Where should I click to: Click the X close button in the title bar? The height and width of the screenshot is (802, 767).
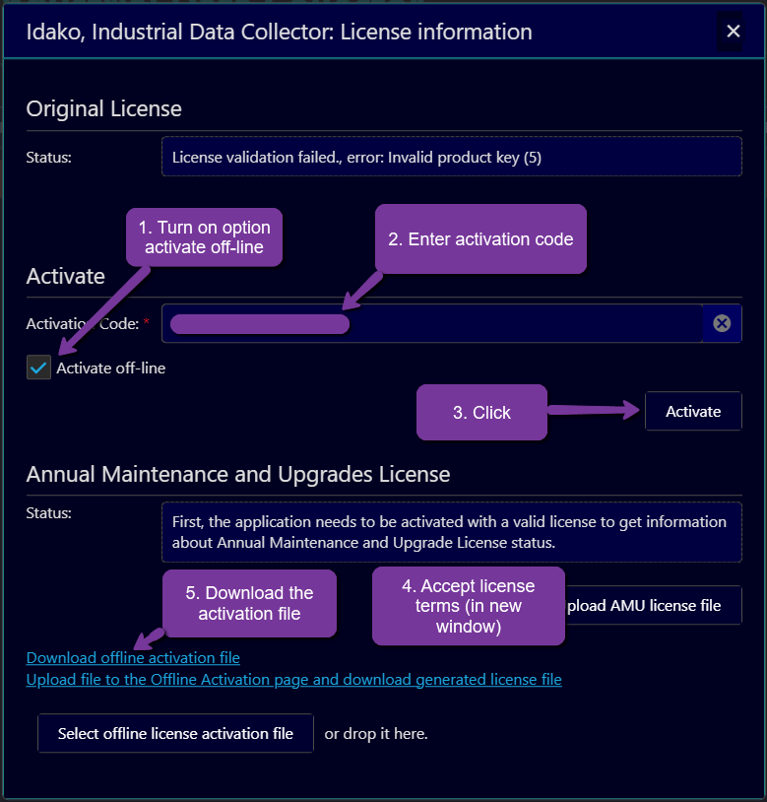click(734, 32)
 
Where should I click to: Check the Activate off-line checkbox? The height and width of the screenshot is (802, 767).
click(39, 368)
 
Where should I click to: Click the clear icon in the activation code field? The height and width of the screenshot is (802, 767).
click(722, 323)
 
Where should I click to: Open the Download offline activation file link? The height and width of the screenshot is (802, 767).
click(133, 658)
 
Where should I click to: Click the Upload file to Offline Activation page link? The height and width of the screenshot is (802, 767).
click(293, 680)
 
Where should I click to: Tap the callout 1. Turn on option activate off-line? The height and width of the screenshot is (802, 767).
click(204, 237)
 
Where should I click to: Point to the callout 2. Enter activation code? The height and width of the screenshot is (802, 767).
click(480, 239)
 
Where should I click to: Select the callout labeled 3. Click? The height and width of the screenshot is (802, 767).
click(481, 413)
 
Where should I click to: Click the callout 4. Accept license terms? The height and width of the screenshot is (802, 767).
click(468, 606)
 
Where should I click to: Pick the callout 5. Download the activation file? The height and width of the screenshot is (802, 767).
click(249, 603)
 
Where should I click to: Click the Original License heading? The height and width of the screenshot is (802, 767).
click(103, 108)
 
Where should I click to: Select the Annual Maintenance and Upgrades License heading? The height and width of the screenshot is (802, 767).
click(238, 474)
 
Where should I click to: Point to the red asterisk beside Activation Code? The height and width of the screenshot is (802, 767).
click(147, 323)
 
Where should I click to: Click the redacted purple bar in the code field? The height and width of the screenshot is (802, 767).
click(259, 324)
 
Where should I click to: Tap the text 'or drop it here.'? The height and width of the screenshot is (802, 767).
click(376, 733)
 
